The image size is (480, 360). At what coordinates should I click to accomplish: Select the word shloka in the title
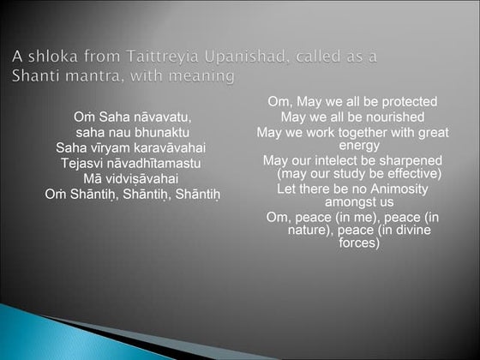(53, 57)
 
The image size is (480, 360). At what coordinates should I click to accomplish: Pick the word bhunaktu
(162, 133)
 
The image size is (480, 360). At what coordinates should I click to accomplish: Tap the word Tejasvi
(81, 164)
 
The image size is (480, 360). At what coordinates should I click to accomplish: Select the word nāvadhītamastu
(153, 163)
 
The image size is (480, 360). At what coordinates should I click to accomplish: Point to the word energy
(359, 146)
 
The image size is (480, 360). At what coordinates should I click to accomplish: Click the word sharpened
(411, 161)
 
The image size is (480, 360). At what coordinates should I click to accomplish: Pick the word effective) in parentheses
(414, 174)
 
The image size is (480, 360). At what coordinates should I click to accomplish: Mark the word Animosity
(399, 189)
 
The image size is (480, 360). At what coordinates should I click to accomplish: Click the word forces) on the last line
(359, 243)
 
